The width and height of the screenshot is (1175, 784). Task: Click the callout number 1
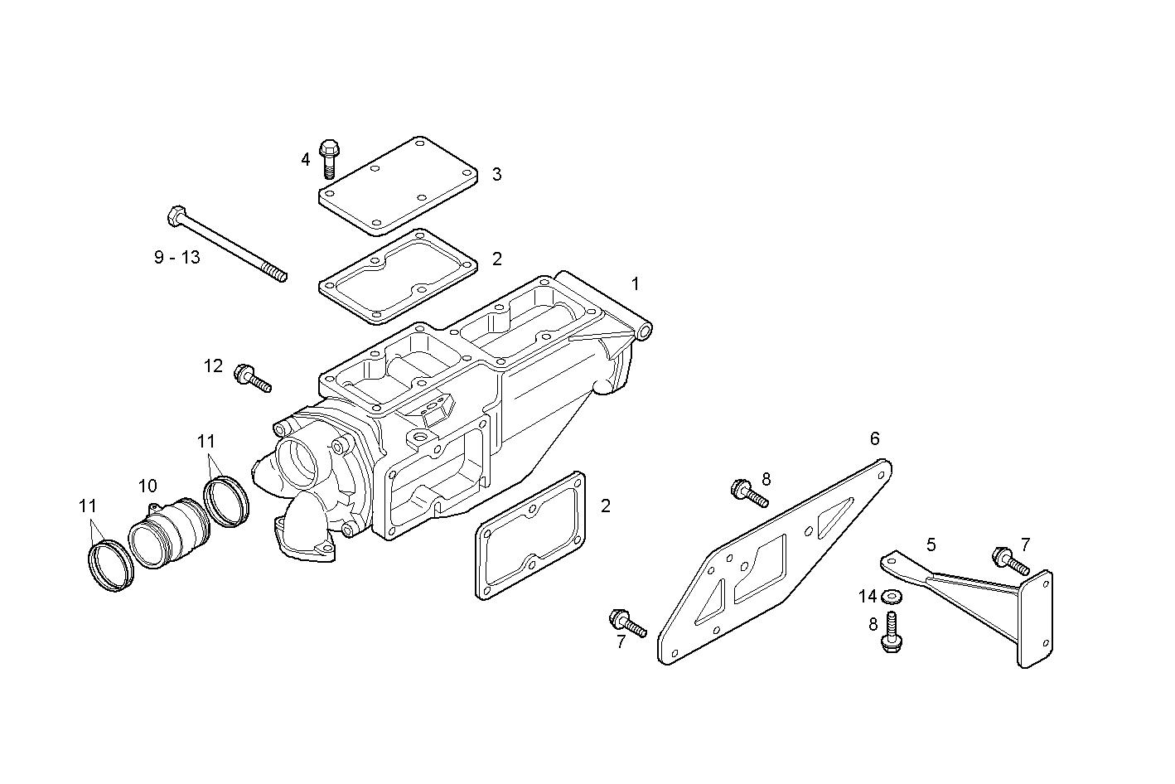[x=636, y=284]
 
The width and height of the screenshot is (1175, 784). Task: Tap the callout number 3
[x=496, y=174]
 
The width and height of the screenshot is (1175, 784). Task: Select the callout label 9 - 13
[x=177, y=257]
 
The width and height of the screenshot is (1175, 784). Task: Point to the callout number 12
[x=214, y=365]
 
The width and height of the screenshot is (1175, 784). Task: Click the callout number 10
[x=148, y=486]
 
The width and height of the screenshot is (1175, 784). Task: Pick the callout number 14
[x=868, y=596]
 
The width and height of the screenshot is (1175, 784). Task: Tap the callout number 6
[x=875, y=438]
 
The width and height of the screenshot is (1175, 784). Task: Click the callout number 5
[x=931, y=544]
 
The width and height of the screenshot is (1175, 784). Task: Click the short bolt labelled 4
[x=330, y=159]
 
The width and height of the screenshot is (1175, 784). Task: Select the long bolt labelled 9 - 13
[x=228, y=244]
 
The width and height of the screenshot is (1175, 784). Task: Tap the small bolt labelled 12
[x=253, y=378]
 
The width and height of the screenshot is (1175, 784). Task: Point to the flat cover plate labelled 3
[x=399, y=186]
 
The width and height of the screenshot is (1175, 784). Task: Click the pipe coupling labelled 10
[x=169, y=533]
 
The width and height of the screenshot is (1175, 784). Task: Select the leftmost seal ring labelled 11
[x=111, y=566]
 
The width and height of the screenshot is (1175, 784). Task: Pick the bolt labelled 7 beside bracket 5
[x=1011, y=561]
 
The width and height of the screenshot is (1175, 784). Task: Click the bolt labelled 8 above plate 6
[x=750, y=493]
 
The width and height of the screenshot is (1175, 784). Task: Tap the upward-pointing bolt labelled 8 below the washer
[x=892, y=632]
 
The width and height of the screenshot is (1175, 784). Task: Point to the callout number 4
[x=305, y=159]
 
